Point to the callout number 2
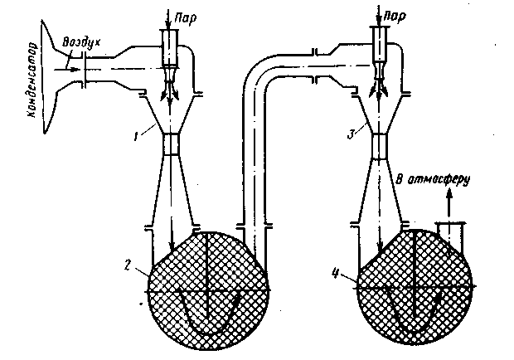point(125,265)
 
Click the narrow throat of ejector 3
point(381,145)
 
